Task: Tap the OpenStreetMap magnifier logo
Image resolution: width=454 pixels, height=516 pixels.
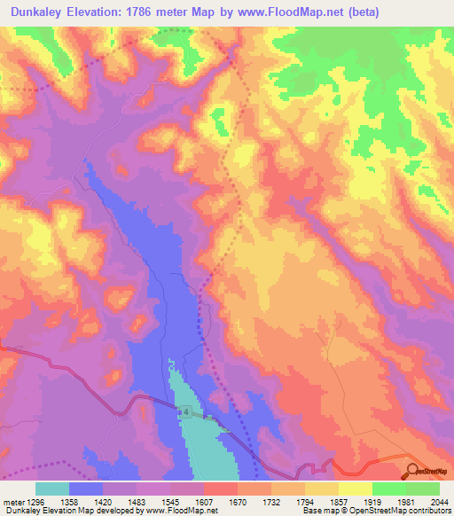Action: [412, 471]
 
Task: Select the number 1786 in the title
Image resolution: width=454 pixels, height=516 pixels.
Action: [160, 12]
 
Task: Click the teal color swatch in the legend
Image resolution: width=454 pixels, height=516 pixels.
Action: [52, 488]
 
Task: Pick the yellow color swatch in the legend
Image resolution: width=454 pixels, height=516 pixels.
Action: [355, 488]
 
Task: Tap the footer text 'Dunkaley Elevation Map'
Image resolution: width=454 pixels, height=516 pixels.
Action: [42, 511]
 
